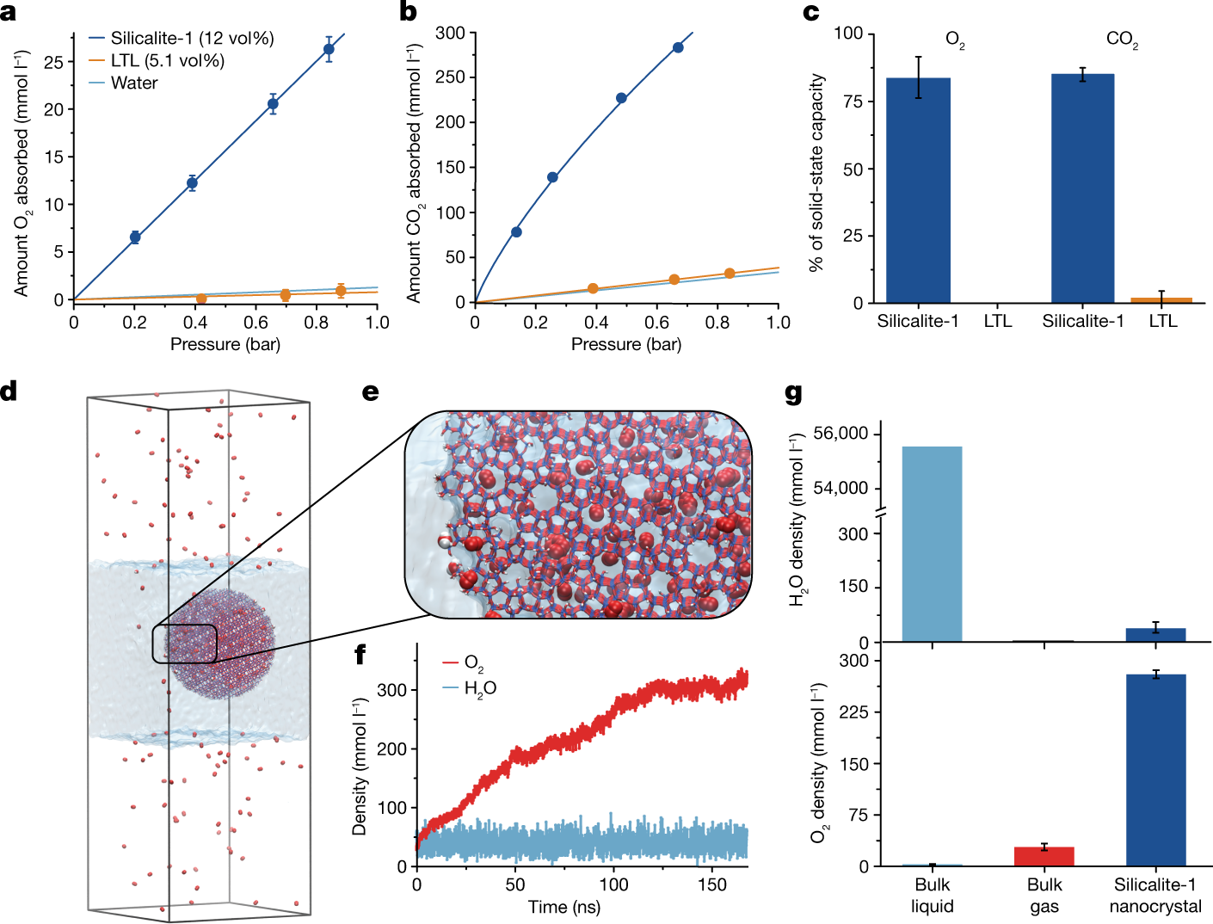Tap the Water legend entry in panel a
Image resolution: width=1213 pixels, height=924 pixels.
pos(134,83)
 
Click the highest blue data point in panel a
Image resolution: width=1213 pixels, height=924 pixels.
pos(329,49)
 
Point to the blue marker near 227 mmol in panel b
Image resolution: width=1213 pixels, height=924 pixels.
pos(621,98)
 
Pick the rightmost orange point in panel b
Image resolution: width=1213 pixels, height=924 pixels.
pos(730,274)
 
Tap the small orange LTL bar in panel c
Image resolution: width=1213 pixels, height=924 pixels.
pos(1161,299)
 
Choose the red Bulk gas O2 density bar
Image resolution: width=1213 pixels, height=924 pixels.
pos(1044,856)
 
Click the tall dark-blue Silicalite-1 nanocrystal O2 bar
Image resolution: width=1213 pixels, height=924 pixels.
pos(1155,770)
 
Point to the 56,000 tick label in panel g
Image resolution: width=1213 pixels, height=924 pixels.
pos(840,434)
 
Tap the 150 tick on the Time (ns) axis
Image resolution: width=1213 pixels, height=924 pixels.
pos(712,885)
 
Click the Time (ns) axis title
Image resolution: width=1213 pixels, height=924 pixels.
pos(564,907)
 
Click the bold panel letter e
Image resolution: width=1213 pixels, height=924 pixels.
pos(370,392)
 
